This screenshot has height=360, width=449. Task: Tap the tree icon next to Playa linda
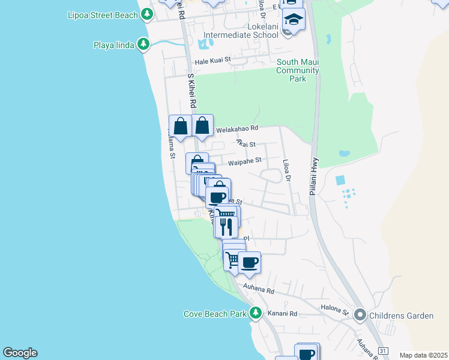click(143, 44)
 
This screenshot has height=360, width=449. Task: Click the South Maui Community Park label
click(297, 70)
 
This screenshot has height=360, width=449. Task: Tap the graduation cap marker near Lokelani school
click(294, 20)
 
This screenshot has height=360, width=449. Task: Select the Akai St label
click(246, 144)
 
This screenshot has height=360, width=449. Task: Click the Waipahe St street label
click(245, 160)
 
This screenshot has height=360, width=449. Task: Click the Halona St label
click(337, 311)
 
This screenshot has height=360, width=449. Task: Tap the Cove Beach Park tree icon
click(256, 313)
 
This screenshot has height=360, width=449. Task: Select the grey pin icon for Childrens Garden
click(360, 314)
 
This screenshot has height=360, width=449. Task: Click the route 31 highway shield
click(382, 350)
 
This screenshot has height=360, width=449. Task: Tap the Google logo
click(20, 353)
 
